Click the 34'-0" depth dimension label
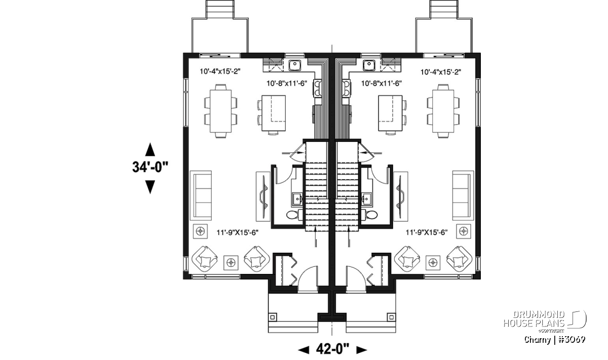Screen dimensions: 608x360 [150, 167]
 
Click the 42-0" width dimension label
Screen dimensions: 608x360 [332, 349]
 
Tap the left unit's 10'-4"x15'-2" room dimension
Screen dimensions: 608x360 [220, 71]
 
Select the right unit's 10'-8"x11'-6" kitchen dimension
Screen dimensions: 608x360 [381, 83]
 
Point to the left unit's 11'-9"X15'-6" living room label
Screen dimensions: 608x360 [237, 232]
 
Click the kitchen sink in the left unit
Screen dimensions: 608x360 [294, 65]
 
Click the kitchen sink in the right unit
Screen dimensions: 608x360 [369, 65]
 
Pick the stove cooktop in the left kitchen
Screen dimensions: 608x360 [317, 88]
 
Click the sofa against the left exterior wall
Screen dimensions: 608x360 [201, 195]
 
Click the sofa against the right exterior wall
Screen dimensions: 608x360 [463, 195]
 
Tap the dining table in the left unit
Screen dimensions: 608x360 [221, 111]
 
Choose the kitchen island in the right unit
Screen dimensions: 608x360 [390, 113]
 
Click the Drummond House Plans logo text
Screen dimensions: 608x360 [535, 318]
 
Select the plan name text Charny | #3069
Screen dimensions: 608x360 [554, 339]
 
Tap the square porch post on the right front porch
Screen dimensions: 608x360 [391, 317]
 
